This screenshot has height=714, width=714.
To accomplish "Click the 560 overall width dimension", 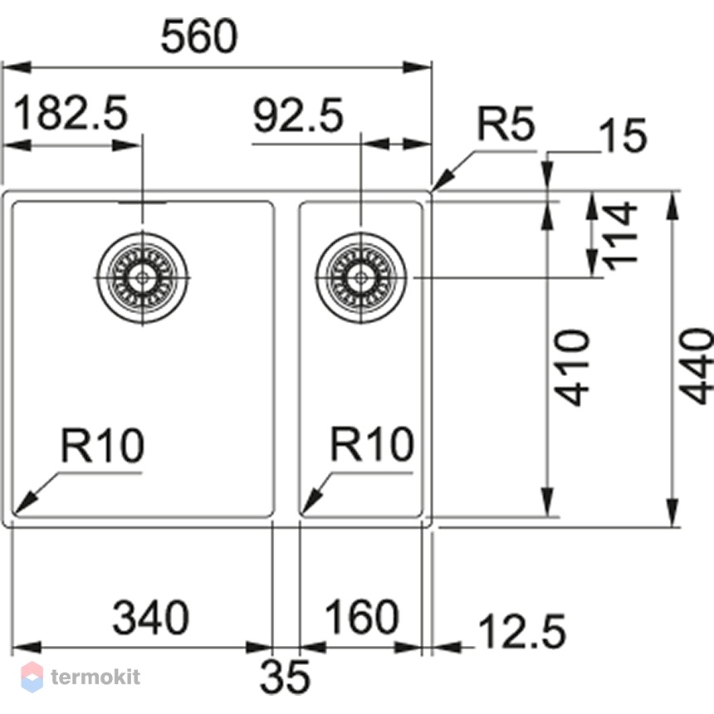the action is pos(199,36).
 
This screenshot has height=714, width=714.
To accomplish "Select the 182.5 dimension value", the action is pos(71,114).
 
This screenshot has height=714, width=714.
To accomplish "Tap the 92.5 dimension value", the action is pos(297,115).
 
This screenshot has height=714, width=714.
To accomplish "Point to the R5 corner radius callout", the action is pos(506,124).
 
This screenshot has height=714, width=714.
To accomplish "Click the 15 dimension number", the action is pos(622,135).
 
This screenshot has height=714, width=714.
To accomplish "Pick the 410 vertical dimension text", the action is pos(574,368).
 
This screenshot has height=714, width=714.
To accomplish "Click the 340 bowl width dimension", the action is pos(151,618).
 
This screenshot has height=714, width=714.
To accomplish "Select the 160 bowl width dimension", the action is pos(361,617).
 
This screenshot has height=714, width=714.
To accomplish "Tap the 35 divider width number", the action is pos(285,676).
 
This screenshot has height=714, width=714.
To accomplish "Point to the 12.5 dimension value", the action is pos(522,631).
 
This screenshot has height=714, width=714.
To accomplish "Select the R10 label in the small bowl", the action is pos(372,443).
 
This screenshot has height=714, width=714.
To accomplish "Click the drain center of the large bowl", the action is pos(143,277).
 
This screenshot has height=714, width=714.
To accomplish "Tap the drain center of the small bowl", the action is pos(361,277).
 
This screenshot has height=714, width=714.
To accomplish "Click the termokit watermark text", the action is pos(95,677).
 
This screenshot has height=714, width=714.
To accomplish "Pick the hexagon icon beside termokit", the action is pos(32,677).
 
